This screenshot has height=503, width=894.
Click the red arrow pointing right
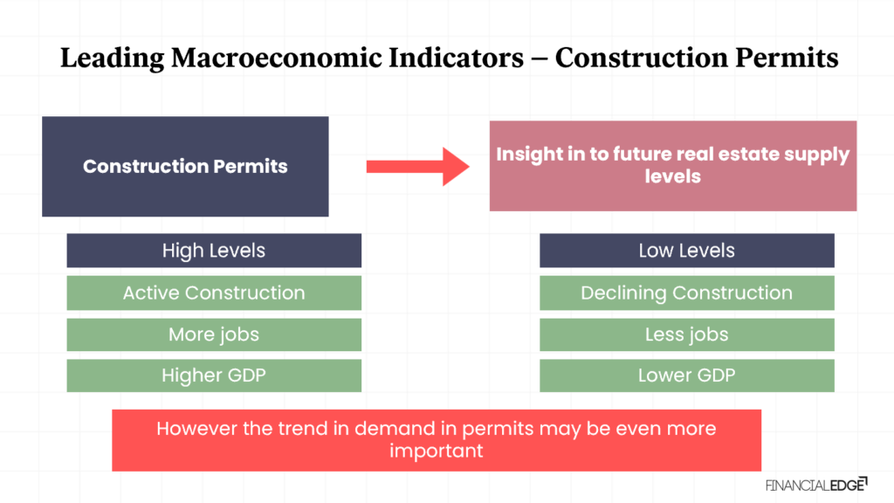tap(417, 167)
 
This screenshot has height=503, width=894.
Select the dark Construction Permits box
tap(185, 167)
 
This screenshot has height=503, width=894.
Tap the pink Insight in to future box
tap(673, 166)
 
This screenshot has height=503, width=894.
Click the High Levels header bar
tap(214, 251)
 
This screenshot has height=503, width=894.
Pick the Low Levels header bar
tap(687, 251)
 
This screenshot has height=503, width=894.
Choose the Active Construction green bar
tap(214, 293)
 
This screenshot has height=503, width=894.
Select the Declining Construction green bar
tap(687, 293)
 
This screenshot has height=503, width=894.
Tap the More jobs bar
tap(214, 334)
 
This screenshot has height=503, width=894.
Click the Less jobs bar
tap(687, 334)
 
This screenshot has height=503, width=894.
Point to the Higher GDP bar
tap(214, 376)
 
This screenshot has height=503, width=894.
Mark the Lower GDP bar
tap(687, 376)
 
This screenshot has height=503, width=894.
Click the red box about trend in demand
tap(437, 440)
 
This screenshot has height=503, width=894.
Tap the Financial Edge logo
tap(816, 485)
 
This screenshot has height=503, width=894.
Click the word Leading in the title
tap(113, 59)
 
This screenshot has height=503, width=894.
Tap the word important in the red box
tap(437, 451)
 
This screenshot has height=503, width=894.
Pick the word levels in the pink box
tap(673, 176)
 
